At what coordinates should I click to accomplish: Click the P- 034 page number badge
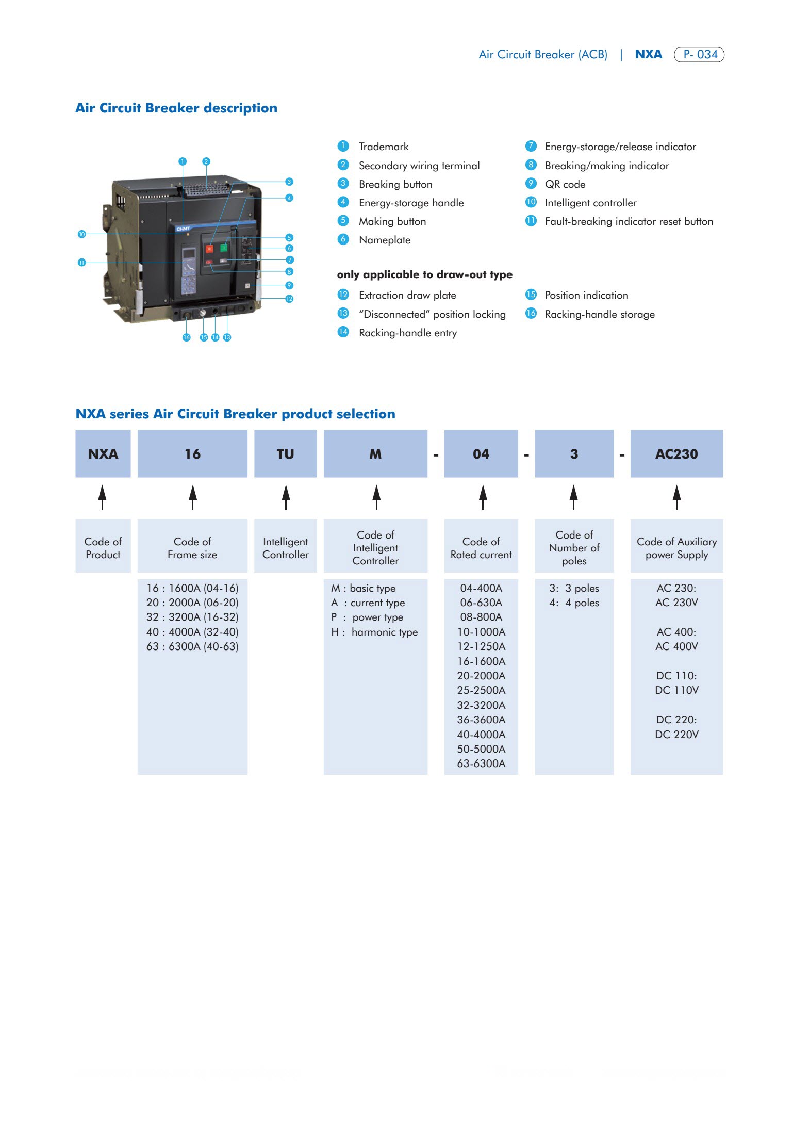(x=699, y=54)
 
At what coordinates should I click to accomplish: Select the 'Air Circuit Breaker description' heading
(x=176, y=108)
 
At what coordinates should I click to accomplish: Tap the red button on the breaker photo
(x=209, y=249)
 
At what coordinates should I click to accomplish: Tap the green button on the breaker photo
(x=224, y=248)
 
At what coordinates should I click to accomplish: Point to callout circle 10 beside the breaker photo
(x=81, y=234)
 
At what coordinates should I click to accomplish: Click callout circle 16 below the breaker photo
(x=187, y=337)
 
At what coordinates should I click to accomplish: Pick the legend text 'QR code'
(x=565, y=184)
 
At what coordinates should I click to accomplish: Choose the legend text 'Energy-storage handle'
(x=411, y=203)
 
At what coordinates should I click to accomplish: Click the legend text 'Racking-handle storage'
(x=599, y=314)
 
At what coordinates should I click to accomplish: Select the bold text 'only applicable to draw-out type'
(x=424, y=274)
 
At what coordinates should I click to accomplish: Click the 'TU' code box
(x=285, y=454)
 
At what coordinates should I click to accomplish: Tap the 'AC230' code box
(x=676, y=454)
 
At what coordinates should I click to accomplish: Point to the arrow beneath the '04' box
(x=483, y=497)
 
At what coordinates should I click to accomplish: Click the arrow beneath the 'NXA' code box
(x=103, y=497)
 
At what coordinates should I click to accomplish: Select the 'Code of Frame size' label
(x=192, y=548)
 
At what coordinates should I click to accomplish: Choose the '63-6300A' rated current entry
(x=481, y=763)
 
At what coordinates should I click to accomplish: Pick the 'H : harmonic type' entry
(x=375, y=632)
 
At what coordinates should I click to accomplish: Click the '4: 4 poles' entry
(x=574, y=603)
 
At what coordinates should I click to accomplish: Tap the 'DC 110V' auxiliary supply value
(x=676, y=690)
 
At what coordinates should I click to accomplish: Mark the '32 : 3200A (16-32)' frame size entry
(x=192, y=617)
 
